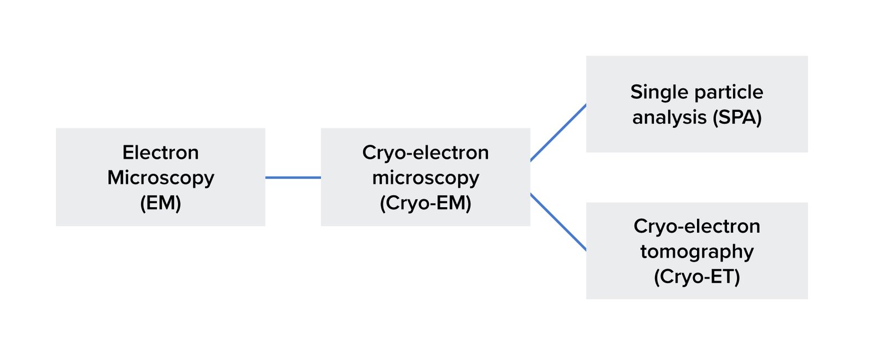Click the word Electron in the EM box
(160, 152)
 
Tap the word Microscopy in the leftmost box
(160, 178)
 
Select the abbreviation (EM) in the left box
(160, 203)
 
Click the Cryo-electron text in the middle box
(425, 152)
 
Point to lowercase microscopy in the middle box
(425, 178)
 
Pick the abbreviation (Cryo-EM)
(425, 203)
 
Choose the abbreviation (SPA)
(737, 117)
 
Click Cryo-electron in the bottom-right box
(696, 226)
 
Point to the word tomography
(696, 251)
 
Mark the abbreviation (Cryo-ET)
(696, 276)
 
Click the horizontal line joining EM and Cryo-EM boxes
(293, 177)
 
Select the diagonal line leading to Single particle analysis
(558, 132)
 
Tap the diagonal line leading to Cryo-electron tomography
(558, 222)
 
